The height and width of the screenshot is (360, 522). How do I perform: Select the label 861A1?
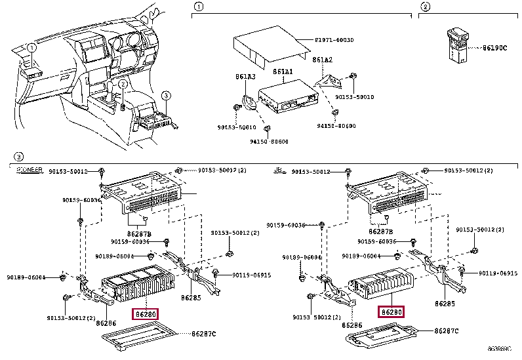click(x=283, y=71)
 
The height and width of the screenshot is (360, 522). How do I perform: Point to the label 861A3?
click(x=245, y=77)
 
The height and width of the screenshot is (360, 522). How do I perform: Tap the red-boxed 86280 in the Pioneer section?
click(x=146, y=313)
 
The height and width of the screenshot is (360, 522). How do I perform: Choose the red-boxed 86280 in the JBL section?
click(x=391, y=312)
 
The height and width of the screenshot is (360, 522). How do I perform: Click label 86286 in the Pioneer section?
click(x=106, y=323)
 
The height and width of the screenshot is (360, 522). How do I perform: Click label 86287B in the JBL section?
click(x=381, y=231)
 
